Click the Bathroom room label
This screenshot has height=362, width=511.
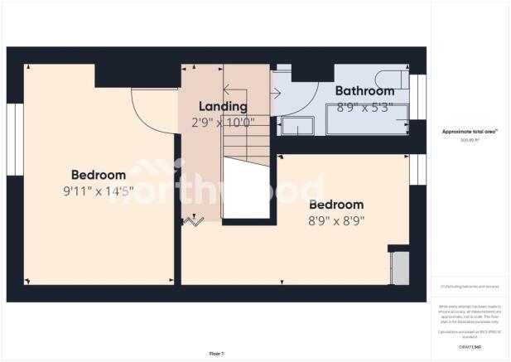pos(364,91)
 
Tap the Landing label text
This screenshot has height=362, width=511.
pos(222,107)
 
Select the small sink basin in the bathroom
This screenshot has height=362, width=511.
pos(296,126)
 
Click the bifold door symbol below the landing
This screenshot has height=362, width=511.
pos(195,220)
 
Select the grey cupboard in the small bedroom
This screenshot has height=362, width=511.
pos(399,267)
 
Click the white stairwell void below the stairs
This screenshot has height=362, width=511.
pos(247,191)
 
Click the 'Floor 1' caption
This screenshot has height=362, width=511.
pos(215,354)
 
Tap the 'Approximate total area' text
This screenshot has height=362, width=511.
pos(469,131)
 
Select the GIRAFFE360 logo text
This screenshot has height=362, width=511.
pos(470,346)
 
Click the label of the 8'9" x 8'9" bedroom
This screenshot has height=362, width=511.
pos(335,205)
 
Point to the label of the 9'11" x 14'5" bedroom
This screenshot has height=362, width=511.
pos(99,175)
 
